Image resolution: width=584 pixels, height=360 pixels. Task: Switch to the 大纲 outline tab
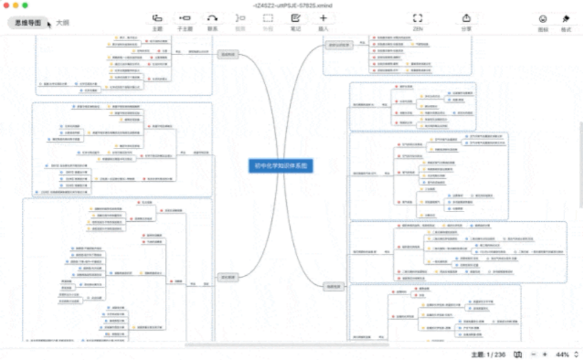pos(62,23)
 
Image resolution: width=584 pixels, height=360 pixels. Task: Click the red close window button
pos(8,5)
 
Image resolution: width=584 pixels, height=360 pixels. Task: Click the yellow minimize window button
pos(17,5)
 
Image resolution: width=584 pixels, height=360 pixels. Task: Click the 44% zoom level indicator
pos(562,354)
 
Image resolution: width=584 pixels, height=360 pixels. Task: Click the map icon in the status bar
pos(518,354)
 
